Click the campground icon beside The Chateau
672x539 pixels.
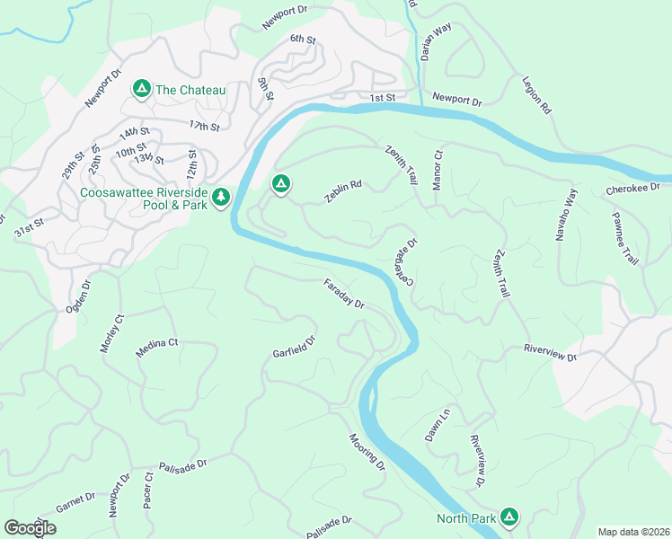pyautogui.click(x=141, y=89)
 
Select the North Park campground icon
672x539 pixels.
pyautogui.click(x=509, y=517)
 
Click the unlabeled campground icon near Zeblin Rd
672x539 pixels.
pyautogui.click(x=280, y=184)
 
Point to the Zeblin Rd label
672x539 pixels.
pyautogui.click(x=343, y=191)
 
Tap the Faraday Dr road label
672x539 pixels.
pyautogui.click(x=344, y=293)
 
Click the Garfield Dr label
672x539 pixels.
pyautogui.click(x=295, y=348)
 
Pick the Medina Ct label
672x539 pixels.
pyautogui.click(x=157, y=349)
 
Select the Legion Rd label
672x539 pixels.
pyautogui.click(x=536, y=94)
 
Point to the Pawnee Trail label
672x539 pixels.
pyautogui.click(x=624, y=237)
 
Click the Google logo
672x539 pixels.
pyautogui.click(x=31, y=527)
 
